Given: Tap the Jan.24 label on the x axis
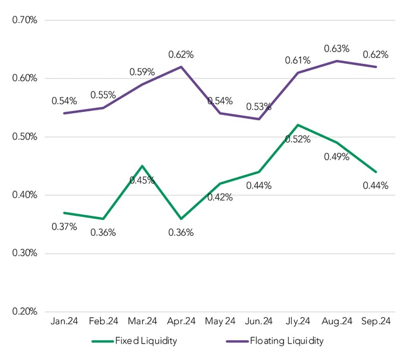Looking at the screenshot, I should tap(64, 321).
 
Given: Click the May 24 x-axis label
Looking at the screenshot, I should tap(220, 321).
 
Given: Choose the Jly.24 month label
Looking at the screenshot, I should tap(298, 321).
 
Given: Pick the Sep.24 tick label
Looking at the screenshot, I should tap(376, 321).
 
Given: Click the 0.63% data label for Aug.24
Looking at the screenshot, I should tap(337, 49).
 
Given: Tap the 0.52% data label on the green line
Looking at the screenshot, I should tap(298, 139).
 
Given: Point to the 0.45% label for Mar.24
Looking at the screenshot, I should tap(142, 180).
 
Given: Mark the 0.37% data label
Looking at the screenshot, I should tap(64, 226).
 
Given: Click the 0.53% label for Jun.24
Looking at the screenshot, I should tap(259, 107).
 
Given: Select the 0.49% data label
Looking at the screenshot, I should tap(337, 157).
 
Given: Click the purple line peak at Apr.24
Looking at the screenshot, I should tap(182, 66).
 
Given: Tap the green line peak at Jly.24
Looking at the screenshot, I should tap(298, 125).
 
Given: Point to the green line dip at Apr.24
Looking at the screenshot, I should tap(182, 218).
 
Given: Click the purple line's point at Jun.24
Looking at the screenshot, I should tap(259, 119).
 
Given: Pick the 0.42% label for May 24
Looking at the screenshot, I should tap(220, 197).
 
